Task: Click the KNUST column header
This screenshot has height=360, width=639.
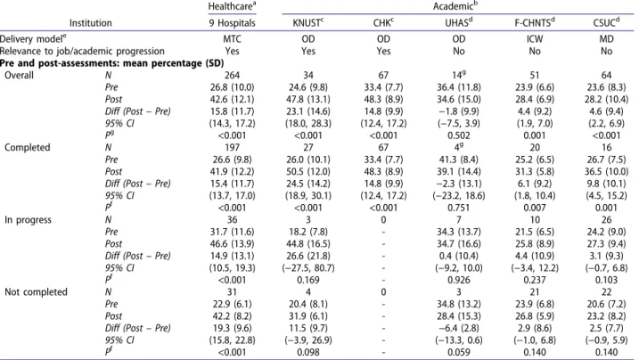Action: (308, 23)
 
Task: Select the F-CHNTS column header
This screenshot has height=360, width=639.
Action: (534, 23)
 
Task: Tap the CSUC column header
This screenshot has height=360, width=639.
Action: (606, 23)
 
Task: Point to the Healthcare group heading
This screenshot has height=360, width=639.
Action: (232, 6)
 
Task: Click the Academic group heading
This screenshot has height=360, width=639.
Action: (455, 6)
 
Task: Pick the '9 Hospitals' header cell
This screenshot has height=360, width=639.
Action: (232, 23)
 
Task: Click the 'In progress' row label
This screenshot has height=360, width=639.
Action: (29, 220)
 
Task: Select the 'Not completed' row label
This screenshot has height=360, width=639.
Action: (36, 292)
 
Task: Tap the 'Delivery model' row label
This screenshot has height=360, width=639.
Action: (33, 38)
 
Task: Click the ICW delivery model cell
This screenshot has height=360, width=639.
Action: (534, 39)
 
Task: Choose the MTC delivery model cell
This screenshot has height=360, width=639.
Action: (232, 39)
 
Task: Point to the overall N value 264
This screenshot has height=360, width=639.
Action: (232, 76)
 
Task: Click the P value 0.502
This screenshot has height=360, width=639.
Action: (458, 135)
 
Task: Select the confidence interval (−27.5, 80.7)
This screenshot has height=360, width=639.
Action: (308, 268)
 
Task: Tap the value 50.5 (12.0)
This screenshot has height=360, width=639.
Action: (308, 171)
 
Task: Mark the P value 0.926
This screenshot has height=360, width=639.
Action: (458, 280)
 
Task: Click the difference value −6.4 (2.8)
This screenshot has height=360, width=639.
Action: (458, 328)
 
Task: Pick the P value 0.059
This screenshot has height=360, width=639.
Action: (458, 352)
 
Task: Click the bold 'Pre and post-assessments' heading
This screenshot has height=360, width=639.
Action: (111, 63)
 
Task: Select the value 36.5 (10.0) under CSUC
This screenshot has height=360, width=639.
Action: (606, 171)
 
